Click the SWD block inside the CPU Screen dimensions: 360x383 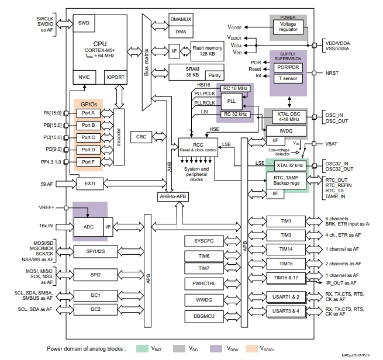(84, 23)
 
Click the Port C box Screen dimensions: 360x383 (88, 137)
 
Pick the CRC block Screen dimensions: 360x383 (141, 136)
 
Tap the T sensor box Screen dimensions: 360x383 (288, 78)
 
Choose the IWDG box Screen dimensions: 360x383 (286, 130)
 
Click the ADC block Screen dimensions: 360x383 (88, 226)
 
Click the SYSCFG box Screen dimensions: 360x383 (201, 241)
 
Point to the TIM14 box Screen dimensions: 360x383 (285, 249)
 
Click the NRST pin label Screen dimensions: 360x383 (332, 74)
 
